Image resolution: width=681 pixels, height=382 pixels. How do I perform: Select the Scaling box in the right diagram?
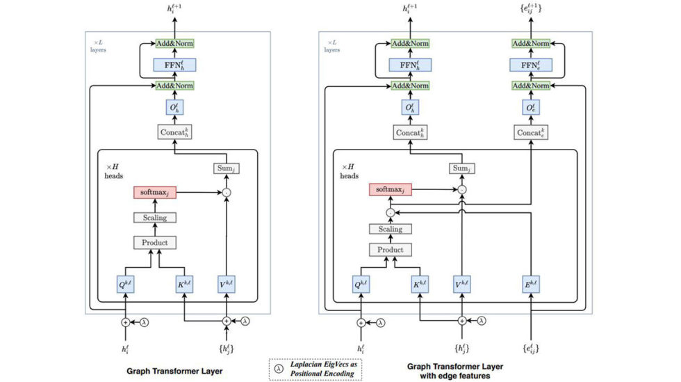tap(390, 229)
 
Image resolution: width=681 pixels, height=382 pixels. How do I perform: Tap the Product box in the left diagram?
tap(154, 243)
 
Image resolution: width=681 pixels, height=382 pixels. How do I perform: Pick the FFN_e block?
tap(531, 65)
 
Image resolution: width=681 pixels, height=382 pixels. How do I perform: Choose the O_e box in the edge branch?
tap(531, 108)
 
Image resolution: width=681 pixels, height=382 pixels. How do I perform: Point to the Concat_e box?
tap(531, 132)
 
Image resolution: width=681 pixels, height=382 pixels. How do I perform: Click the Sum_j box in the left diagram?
tap(226, 168)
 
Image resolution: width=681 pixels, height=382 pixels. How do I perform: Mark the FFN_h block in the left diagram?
tap(174, 65)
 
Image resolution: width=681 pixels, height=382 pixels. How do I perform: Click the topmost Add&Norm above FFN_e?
tap(531, 43)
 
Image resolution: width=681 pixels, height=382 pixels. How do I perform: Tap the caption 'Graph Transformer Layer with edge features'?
tap(455, 371)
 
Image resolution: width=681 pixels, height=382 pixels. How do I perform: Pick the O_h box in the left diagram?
tap(174, 108)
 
